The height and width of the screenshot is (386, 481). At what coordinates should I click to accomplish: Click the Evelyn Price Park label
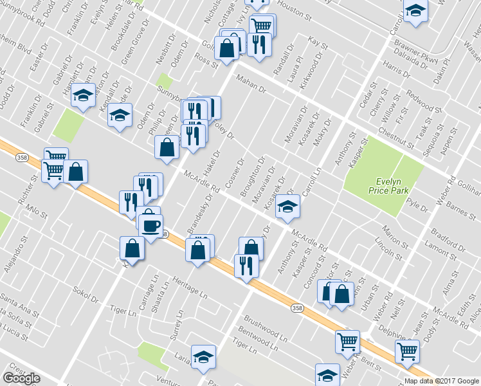[384, 185]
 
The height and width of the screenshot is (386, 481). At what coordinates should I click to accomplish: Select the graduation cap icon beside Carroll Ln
[288, 207]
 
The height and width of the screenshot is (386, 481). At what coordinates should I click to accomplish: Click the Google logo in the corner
[21, 378]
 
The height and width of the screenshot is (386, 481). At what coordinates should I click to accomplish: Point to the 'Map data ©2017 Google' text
[442, 381]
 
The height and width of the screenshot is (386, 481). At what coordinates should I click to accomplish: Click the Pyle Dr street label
[417, 206]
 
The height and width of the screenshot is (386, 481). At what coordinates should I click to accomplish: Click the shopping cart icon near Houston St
[262, 26]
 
